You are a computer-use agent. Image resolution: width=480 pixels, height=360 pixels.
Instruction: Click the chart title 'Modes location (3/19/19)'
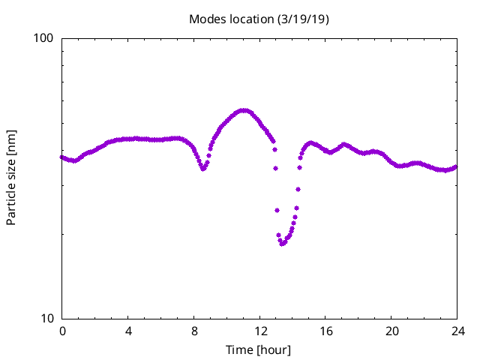click(x=259, y=19)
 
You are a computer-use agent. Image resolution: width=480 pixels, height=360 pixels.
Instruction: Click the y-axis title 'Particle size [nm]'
click(x=11, y=177)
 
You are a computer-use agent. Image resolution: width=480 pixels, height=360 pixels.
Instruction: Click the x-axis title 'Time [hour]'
click(x=259, y=350)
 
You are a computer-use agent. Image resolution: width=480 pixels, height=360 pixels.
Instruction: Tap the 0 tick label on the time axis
click(x=62, y=331)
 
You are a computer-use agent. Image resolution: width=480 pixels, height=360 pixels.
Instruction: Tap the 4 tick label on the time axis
click(x=128, y=331)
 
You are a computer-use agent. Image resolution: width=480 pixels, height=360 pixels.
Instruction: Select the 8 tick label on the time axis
click(x=194, y=331)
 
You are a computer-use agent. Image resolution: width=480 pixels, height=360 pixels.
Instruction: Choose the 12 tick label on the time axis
click(x=259, y=331)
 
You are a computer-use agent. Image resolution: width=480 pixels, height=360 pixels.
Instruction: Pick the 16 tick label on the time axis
click(x=325, y=331)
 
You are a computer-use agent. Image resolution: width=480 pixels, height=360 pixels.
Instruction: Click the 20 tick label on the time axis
click(x=391, y=331)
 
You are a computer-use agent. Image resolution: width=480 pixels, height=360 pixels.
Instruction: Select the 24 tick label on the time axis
click(x=457, y=331)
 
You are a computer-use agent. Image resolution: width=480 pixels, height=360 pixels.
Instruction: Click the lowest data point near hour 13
click(x=282, y=244)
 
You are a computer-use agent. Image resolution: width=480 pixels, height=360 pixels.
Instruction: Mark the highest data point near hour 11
click(x=243, y=110)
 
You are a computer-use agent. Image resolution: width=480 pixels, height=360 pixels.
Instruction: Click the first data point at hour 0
click(x=62, y=157)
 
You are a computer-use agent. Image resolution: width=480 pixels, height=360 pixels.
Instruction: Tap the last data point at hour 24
click(x=457, y=166)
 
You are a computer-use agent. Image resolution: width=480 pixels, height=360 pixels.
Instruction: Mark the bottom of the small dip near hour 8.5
click(x=203, y=169)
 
